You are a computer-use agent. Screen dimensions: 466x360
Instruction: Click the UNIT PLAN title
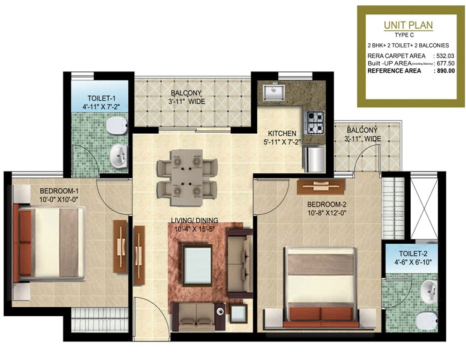[408, 25]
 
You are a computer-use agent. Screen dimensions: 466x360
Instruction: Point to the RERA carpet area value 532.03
[446, 56]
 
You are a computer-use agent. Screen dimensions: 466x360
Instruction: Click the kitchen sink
[273, 92]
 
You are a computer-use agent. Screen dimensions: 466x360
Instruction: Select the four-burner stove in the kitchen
[315, 122]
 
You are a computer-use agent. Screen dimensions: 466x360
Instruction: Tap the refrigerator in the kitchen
[314, 159]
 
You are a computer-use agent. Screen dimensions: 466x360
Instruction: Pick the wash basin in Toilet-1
[119, 156]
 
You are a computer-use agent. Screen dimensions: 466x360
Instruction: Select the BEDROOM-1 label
[59, 191]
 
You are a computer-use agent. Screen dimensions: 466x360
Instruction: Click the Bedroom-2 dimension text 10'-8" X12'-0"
[327, 213]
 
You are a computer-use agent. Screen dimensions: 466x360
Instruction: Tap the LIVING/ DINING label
[194, 220]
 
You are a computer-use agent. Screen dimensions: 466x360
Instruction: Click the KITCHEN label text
[282, 133]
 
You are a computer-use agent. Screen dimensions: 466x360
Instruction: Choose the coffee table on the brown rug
[197, 265]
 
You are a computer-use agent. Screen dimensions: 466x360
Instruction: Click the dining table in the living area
[187, 178]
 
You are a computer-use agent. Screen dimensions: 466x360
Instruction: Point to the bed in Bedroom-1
[49, 242]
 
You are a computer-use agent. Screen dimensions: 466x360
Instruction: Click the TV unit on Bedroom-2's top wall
[321, 187]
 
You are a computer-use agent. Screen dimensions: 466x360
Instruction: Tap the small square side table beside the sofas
[238, 314]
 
